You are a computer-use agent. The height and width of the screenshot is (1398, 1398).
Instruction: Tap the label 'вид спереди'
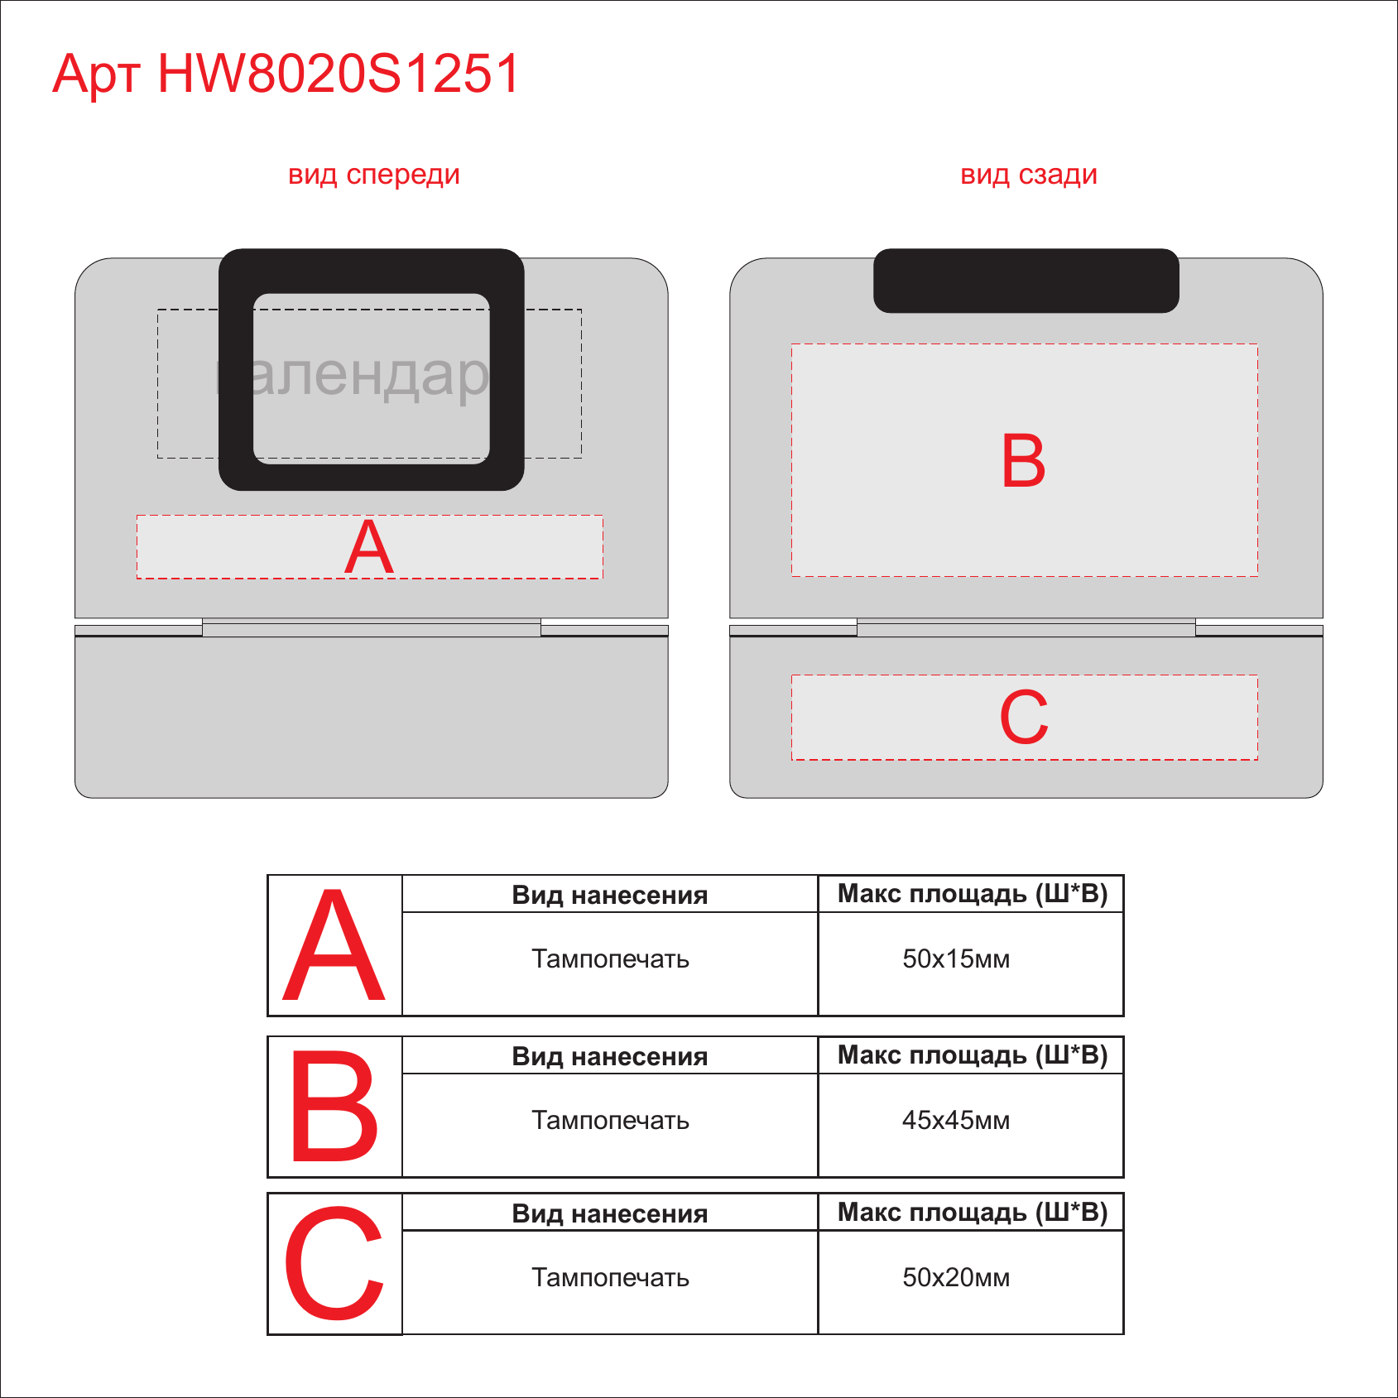point(373,175)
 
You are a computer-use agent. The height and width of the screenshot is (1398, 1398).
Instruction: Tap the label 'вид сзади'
point(1029,175)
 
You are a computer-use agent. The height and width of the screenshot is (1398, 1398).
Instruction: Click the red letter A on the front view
point(369,546)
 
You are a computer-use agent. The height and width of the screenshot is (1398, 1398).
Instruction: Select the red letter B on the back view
point(1024,460)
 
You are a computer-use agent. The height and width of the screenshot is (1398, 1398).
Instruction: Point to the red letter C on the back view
point(1024,717)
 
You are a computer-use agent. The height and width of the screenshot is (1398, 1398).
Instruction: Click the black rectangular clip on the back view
point(1026,281)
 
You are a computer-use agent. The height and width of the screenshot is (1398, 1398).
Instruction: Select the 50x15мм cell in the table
point(956,959)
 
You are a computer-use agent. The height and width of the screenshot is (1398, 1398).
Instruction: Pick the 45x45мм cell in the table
point(956,1121)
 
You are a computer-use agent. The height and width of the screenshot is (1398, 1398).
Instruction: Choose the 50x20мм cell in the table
point(956,1278)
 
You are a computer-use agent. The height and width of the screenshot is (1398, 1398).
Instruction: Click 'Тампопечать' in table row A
point(611,959)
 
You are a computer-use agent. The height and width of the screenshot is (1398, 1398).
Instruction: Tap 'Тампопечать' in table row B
point(611,1121)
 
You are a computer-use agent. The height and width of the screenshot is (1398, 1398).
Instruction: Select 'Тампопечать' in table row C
point(611,1278)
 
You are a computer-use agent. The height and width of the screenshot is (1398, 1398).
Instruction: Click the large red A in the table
point(334,946)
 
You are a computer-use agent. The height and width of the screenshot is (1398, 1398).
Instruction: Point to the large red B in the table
point(334,1106)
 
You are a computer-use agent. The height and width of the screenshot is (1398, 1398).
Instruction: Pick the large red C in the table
point(334,1264)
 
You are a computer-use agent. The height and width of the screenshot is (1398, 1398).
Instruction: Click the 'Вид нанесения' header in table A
point(610,896)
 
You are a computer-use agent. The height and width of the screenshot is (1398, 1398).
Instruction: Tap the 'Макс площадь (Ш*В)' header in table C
point(973,1213)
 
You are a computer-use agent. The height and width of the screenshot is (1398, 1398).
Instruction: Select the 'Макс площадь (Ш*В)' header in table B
point(973,1055)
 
